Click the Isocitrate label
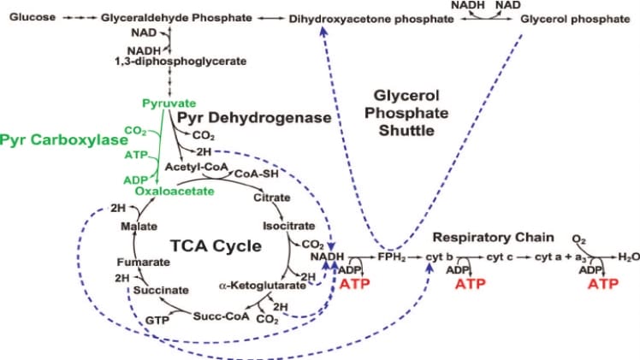coord(282,227)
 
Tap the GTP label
coord(157,319)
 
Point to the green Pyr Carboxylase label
coord(60,138)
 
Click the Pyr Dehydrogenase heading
coord(243,115)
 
